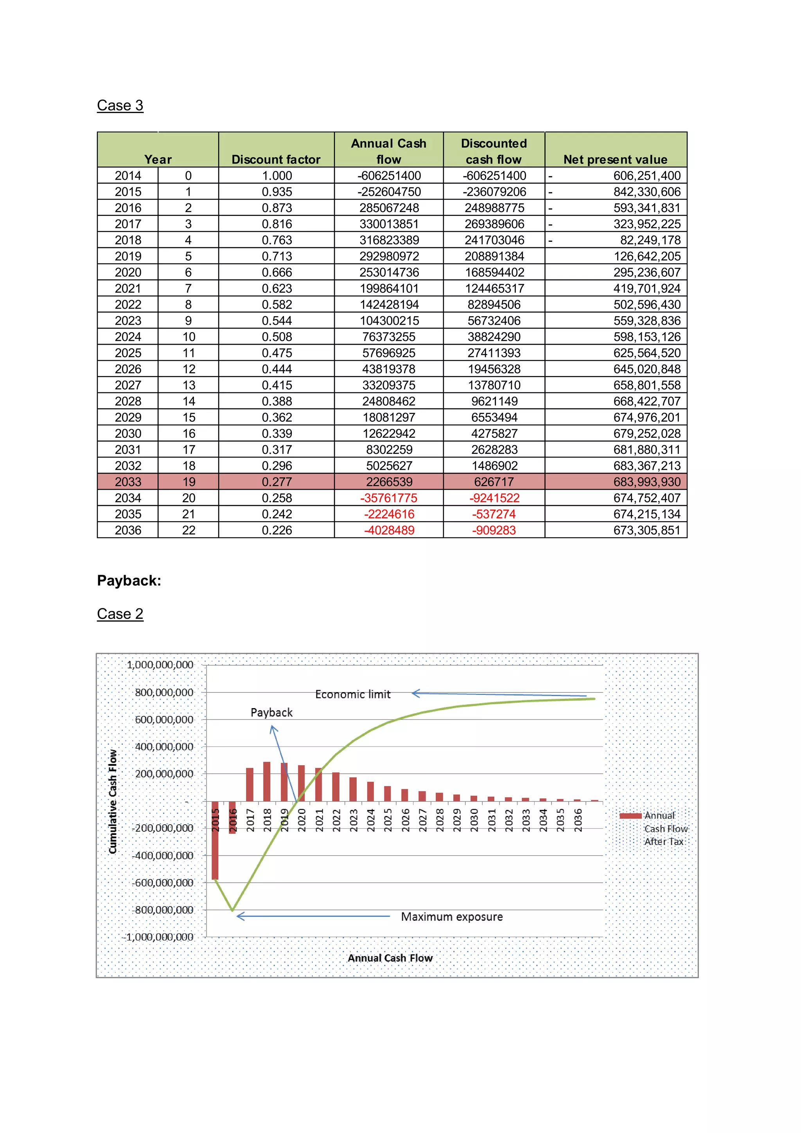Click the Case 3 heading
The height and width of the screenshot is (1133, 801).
(x=120, y=105)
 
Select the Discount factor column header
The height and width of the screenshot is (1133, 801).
(x=276, y=159)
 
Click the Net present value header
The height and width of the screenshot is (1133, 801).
(x=615, y=159)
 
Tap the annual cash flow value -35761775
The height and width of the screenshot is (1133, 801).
(x=389, y=498)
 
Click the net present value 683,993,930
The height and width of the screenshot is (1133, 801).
(x=647, y=482)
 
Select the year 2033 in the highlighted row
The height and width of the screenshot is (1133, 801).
(x=128, y=482)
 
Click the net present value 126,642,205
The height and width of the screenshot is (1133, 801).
(x=647, y=256)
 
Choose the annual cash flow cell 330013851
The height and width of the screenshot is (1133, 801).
(x=389, y=224)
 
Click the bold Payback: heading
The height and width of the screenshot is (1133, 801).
(x=129, y=580)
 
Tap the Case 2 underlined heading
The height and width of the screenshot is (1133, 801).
(x=120, y=614)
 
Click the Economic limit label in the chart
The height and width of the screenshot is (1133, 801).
(x=353, y=694)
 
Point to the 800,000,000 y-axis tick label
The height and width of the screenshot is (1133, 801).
(x=164, y=692)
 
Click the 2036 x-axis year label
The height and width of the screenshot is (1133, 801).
(x=578, y=820)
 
